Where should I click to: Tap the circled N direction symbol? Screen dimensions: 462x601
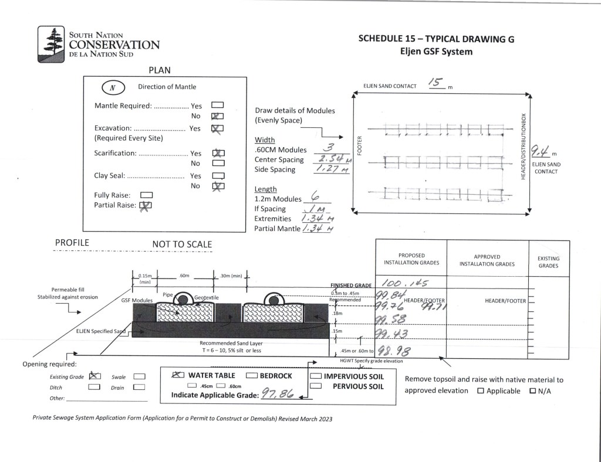click(x=112, y=87)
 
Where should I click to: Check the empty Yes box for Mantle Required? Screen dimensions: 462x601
click(x=217, y=106)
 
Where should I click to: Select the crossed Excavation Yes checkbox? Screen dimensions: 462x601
click(x=217, y=128)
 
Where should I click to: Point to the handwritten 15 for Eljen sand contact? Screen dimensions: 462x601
click(x=435, y=82)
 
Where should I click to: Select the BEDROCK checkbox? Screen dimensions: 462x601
click(x=252, y=376)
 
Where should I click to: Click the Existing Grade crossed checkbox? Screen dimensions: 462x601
click(x=93, y=376)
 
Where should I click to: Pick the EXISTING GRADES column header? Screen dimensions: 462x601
click(x=548, y=262)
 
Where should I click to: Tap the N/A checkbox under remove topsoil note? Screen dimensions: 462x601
click(x=534, y=391)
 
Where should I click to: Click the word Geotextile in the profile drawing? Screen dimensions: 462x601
click(x=207, y=297)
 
